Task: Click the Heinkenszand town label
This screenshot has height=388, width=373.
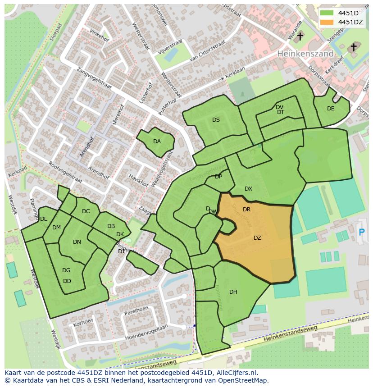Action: click(305, 54)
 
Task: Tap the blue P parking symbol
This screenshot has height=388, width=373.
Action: click(361, 233)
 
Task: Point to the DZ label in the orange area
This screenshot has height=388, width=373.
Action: click(257, 238)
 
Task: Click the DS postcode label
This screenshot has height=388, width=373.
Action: click(216, 120)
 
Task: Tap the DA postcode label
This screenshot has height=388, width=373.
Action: click(157, 142)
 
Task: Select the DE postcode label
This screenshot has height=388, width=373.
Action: click(331, 109)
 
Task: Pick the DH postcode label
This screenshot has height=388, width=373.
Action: click(233, 292)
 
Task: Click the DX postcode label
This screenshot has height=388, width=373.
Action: click(248, 189)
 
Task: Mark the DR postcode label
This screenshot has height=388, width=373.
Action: click(246, 210)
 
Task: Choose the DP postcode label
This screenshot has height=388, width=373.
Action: click(218, 177)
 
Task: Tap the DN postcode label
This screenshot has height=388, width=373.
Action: click(77, 242)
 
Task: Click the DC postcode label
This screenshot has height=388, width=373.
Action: click(86, 211)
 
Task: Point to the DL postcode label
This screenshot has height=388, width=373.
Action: click(44, 219)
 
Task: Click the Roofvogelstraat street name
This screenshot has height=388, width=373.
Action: click(65, 172)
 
